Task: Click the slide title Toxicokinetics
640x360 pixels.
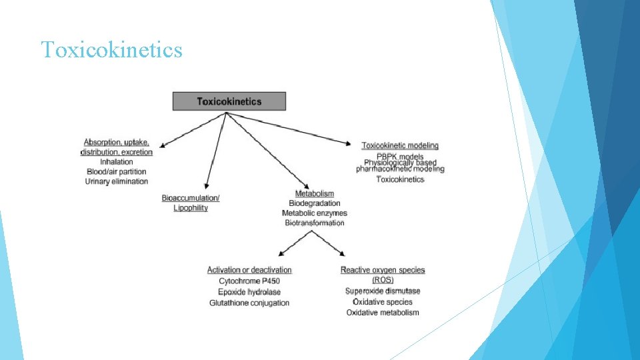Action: click(111, 50)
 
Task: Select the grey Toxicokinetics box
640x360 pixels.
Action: click(229, 101)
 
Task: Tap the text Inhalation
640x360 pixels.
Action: click(117, 162)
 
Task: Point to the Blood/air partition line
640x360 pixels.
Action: click(117, 172)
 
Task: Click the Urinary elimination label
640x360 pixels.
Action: click(117, 182)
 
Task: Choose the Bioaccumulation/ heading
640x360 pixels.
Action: click(191, 198)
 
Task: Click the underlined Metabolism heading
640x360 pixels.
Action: click(315, 193)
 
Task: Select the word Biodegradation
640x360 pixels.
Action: click(315, 203)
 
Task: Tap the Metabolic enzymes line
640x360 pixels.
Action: click(315, 213)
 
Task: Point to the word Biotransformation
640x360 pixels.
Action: click(315, 223)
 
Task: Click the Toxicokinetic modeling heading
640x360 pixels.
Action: click(400, 145)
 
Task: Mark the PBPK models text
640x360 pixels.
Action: click(400, 157)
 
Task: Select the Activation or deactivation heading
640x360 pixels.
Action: click(249, 270)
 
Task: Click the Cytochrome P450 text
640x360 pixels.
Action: click(249, 281)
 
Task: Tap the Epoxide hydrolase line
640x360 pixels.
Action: click(249, 292)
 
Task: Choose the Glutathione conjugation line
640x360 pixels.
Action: click(249, 303)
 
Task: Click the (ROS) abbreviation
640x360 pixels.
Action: click(383, 280)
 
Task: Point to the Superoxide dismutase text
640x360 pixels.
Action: click(383, 291)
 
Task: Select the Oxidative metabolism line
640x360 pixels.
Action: click(383, 313)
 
